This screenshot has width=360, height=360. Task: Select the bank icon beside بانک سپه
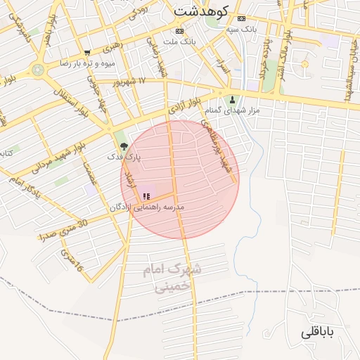[x=242, y=18]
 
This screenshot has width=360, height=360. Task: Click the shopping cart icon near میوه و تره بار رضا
[x=87, y=53]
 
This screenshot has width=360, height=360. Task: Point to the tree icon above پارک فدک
[x=124, y=146]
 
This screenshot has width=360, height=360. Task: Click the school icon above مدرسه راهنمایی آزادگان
[x=146, y=196]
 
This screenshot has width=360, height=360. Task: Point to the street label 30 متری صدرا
[x=64, y=230]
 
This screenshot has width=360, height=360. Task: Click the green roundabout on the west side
[x=37, y=70]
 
